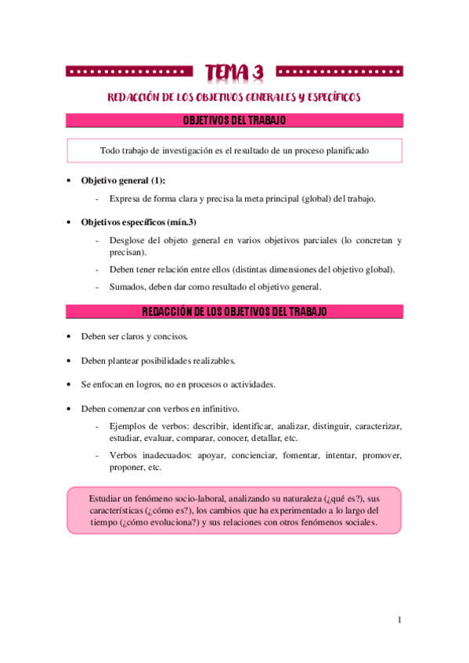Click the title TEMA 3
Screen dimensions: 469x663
(234, 73)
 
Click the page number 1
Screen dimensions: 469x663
(399, 620)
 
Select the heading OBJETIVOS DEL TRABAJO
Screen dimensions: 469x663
(234, 120)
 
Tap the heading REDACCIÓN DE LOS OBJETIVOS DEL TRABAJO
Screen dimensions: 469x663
(234, 312)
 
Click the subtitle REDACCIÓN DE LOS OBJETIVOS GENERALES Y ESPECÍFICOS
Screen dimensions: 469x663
(234, 97)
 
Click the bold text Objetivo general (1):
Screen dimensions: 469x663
(123, 180)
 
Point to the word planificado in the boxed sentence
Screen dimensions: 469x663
(343, 150)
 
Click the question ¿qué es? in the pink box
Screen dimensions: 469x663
(341, 498)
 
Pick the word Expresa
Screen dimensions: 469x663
(128, 199)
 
